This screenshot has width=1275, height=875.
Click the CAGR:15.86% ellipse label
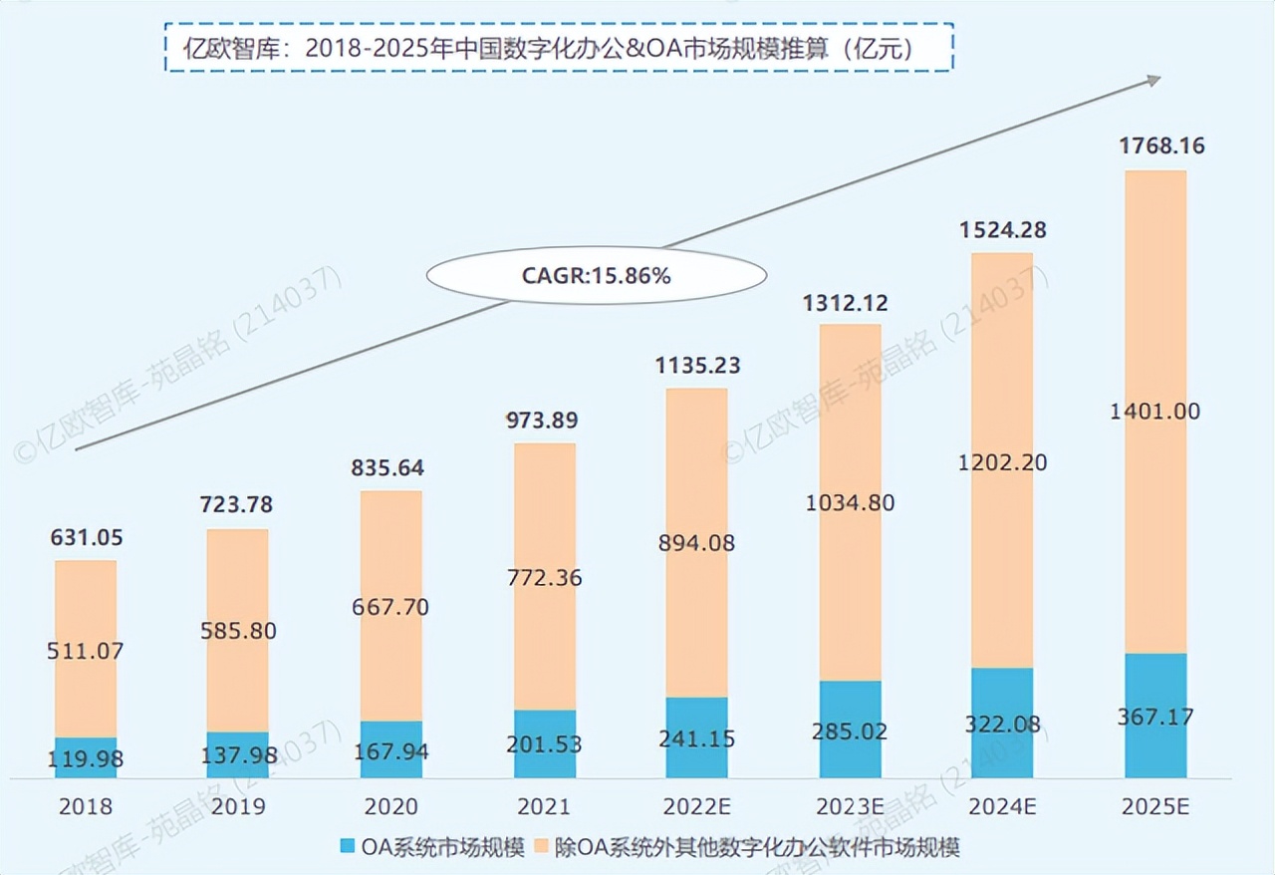[x=596, y=276]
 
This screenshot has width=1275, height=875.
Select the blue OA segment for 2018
[x=85, y=757]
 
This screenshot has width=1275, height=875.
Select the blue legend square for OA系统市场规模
[x=347, y=847]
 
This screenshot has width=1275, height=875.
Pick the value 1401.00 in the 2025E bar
[x=1155, y=412]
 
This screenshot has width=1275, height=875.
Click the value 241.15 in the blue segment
[x=697, y=740]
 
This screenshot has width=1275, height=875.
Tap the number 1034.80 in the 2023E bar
[x=850, y=503]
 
